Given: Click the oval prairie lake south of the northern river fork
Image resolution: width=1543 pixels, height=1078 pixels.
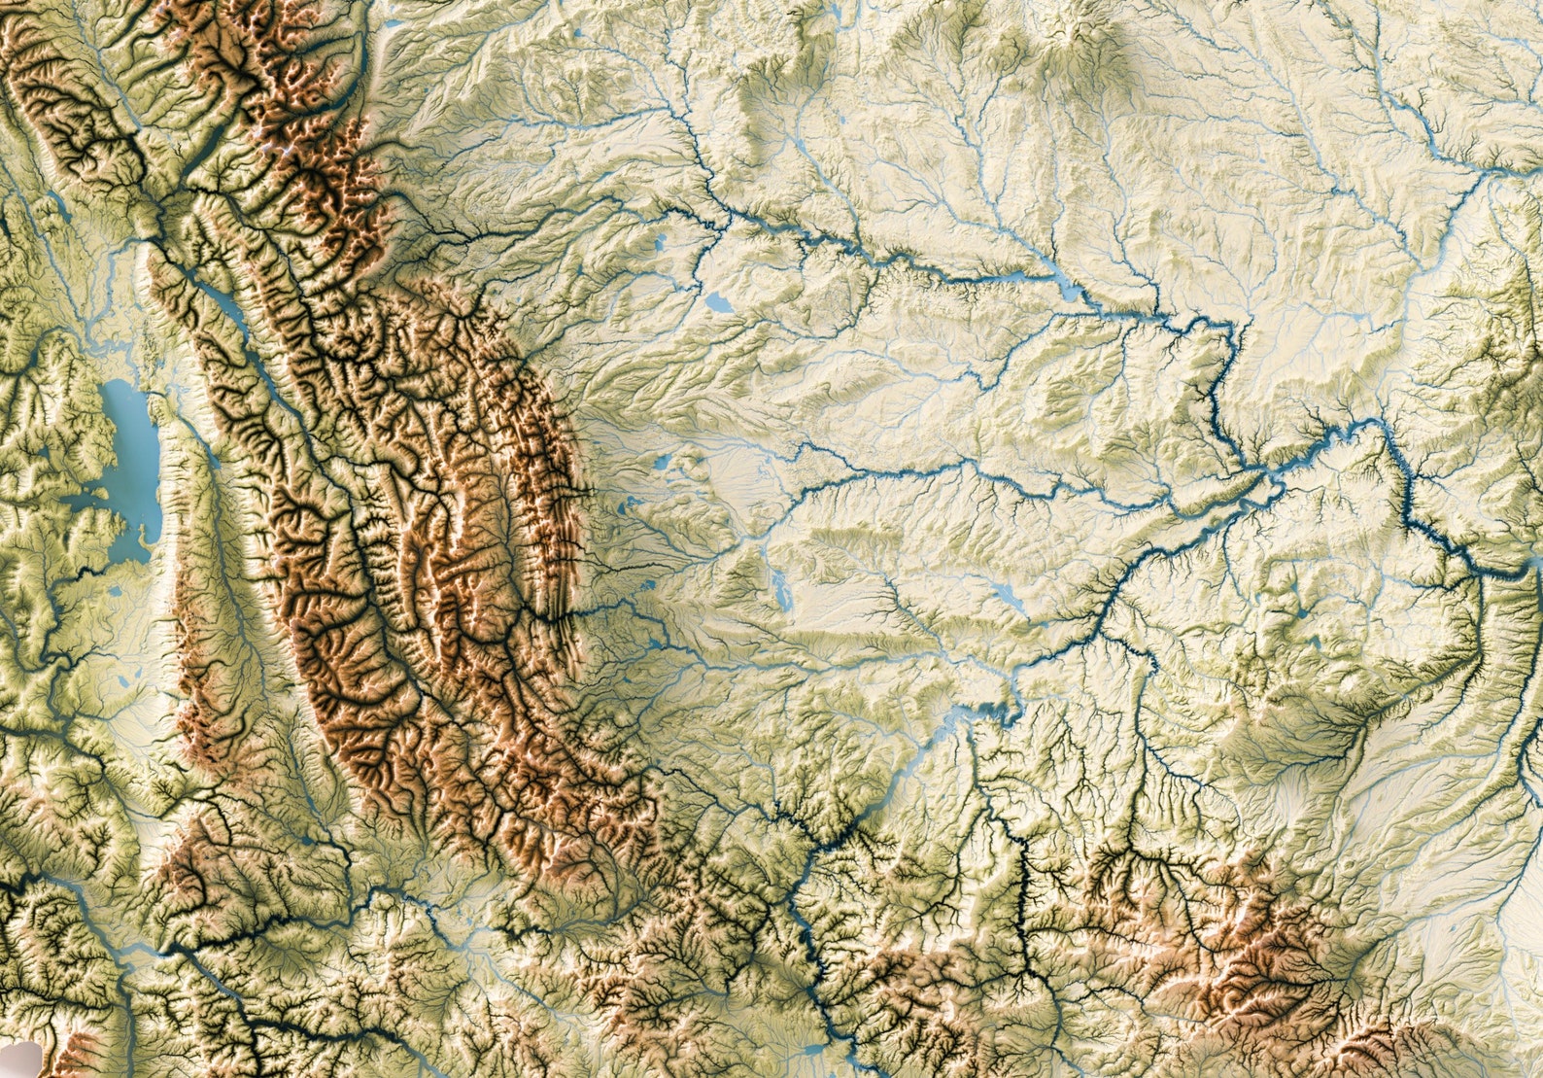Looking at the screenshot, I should click(720, 302).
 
